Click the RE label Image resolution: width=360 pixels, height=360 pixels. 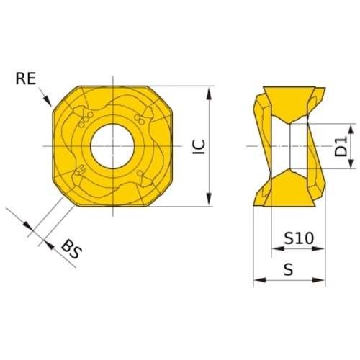(26, 78)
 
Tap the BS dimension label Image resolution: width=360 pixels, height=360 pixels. (71, 250)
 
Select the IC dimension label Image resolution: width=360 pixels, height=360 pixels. (199, 147)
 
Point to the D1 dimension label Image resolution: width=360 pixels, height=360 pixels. (341, 146)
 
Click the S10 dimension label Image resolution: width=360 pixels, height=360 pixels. (299, 238)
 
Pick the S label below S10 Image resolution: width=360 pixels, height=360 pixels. (289, 269)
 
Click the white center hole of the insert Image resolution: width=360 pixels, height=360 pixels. (112, 146)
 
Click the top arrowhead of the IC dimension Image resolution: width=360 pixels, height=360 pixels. (210, 94)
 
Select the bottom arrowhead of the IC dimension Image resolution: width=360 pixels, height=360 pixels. (210, 199)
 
